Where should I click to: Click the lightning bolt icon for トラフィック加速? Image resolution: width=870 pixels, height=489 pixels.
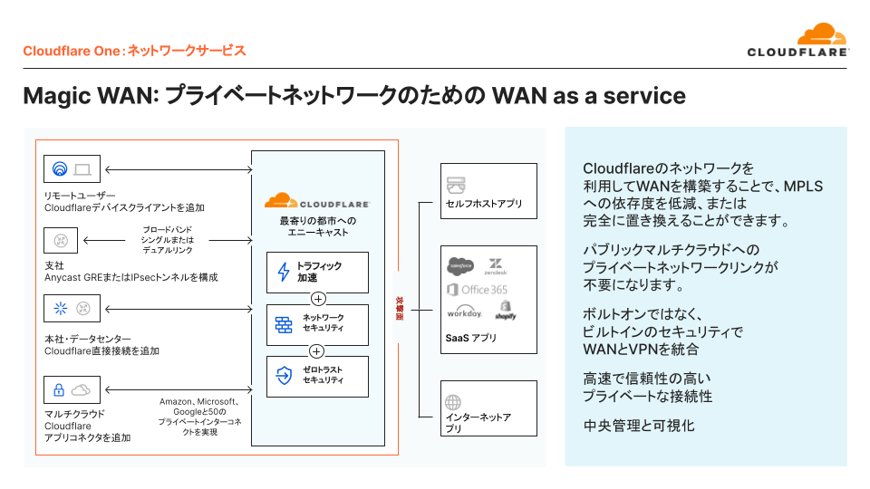[x=283, y=272]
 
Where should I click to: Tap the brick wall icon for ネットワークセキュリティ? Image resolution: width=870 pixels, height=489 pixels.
[x=284, y=324]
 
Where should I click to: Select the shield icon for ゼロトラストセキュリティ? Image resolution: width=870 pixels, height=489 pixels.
[x=284, y=375]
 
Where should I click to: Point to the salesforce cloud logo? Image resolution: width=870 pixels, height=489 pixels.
[x=461, y=265]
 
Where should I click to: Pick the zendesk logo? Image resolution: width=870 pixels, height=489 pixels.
[x=496, y=265]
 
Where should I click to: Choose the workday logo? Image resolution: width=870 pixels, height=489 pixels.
[x=464, y=312]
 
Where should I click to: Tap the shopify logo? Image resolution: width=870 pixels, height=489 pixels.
[x=506, y=312]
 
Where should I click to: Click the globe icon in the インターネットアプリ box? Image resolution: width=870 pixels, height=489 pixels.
[x=454, y=402]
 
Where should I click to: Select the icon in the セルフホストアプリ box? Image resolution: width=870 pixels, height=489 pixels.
[x=455, y=185]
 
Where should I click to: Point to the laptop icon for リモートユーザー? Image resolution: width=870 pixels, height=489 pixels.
[x=82, y=169]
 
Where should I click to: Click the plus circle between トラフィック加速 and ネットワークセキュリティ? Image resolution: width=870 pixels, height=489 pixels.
[x=317, y=299]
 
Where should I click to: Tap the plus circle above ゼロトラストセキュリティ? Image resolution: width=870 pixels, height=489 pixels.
[x=317, y=350]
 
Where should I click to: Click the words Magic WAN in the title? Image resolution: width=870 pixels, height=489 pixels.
[x=89, y=96]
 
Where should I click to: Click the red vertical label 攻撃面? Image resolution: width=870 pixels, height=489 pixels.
[x=399, y=309]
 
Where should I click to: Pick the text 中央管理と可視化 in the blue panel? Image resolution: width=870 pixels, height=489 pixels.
[x=638, y=424]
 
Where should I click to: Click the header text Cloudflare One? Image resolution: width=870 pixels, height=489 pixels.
[x=71, y=51]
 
